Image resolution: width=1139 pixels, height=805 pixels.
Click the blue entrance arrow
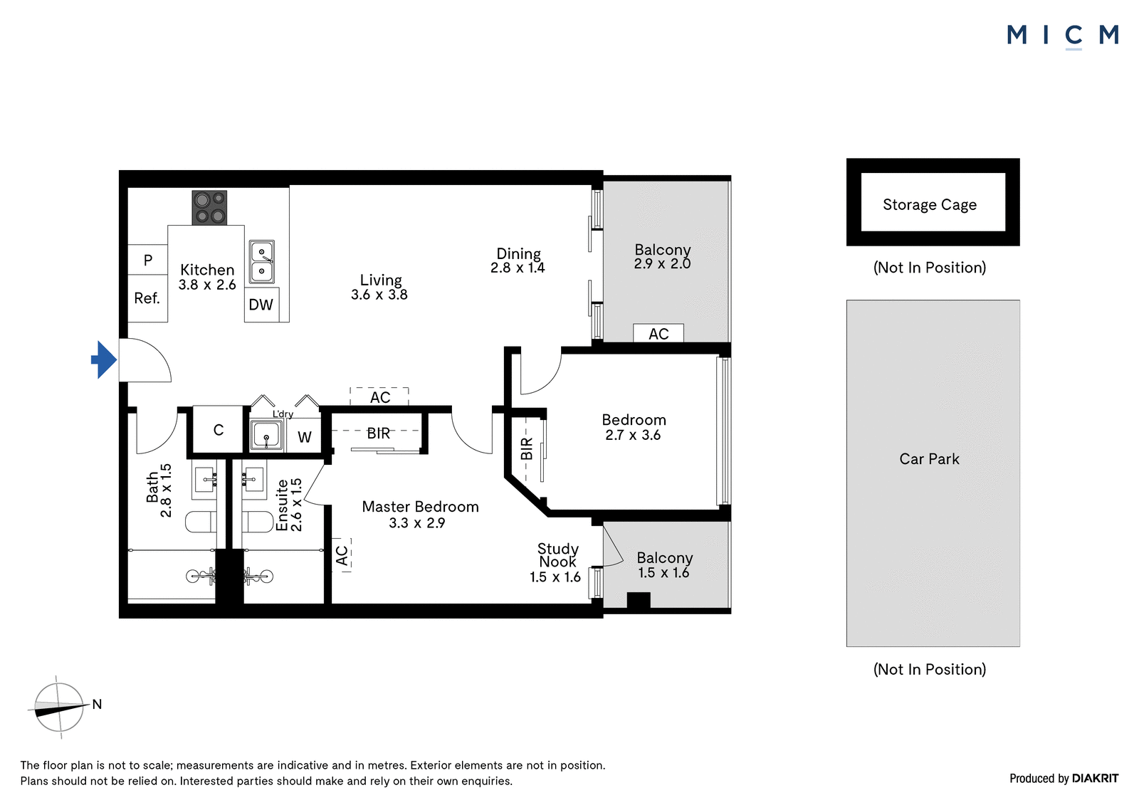[x=104, y=359]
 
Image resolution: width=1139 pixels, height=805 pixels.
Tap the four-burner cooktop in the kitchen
[x=209, y=208]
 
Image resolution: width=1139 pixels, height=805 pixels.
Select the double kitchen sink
[x=262, y=262]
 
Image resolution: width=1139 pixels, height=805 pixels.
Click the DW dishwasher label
[x=261, y=305]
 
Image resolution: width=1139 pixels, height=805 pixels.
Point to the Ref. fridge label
[x=147, y=298]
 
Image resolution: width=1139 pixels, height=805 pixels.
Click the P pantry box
[x=147, y=260]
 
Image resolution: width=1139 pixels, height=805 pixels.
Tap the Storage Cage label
[x=930, y=204]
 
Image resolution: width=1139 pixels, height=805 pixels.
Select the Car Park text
[x=929, y=458]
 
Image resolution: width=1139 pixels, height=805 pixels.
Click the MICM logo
[x=1063, y=36]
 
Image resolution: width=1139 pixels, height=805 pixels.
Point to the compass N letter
[x=97, y=704]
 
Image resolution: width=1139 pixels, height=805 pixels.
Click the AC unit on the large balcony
[x=658, y=333]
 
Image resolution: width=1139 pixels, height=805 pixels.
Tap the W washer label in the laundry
[x=304, y=437]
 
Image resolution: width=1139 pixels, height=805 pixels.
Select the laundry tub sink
[x=266, y=436]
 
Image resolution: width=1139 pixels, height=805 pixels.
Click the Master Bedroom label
[x=420, y=507]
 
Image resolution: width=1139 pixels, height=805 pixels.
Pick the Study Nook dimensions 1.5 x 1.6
[x=555, y=577]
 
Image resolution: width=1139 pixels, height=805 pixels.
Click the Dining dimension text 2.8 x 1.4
[x=518, y=268]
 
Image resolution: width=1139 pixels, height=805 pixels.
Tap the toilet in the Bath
[x=201, y=522]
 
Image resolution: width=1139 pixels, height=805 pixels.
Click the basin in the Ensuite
[x=253, y=480]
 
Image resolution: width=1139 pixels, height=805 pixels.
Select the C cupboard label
[x=219, y=430]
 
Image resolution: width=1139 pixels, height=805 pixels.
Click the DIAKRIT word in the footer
[x=1096, y=779]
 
